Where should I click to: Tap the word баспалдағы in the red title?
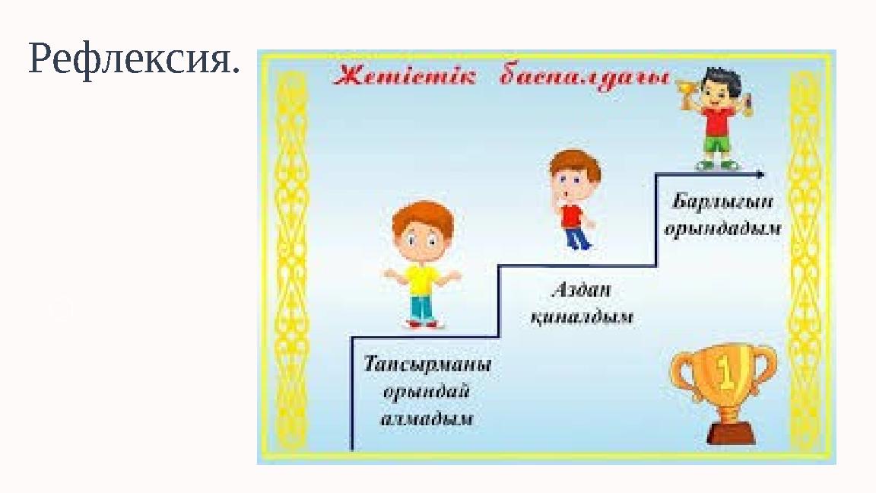coord(586,78)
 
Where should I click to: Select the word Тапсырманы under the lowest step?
coord(427,364)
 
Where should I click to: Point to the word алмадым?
coord(427,418)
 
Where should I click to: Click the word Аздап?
coord(581,291)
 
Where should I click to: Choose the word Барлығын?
coord(722,202)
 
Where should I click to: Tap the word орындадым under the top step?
coord(722,229)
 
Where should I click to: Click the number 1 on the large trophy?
coord(725,373)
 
